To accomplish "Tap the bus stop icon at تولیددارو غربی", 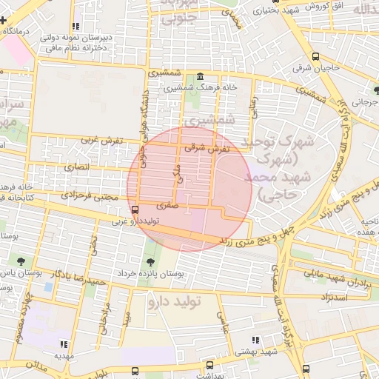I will click(134, 210).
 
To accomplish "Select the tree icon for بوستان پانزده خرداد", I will click(151, 261).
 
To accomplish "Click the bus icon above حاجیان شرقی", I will click(317, 56).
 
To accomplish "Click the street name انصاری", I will click(77, 168).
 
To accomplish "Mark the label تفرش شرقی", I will click(208, 148).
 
